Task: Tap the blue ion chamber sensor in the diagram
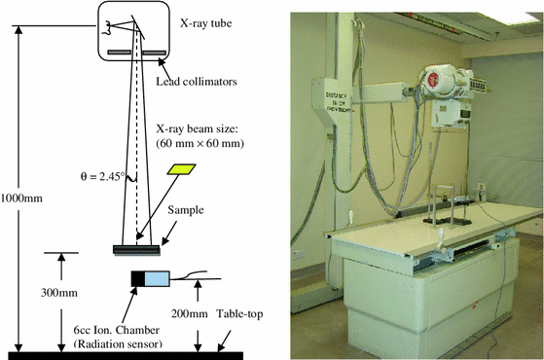[x=157, y=279]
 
